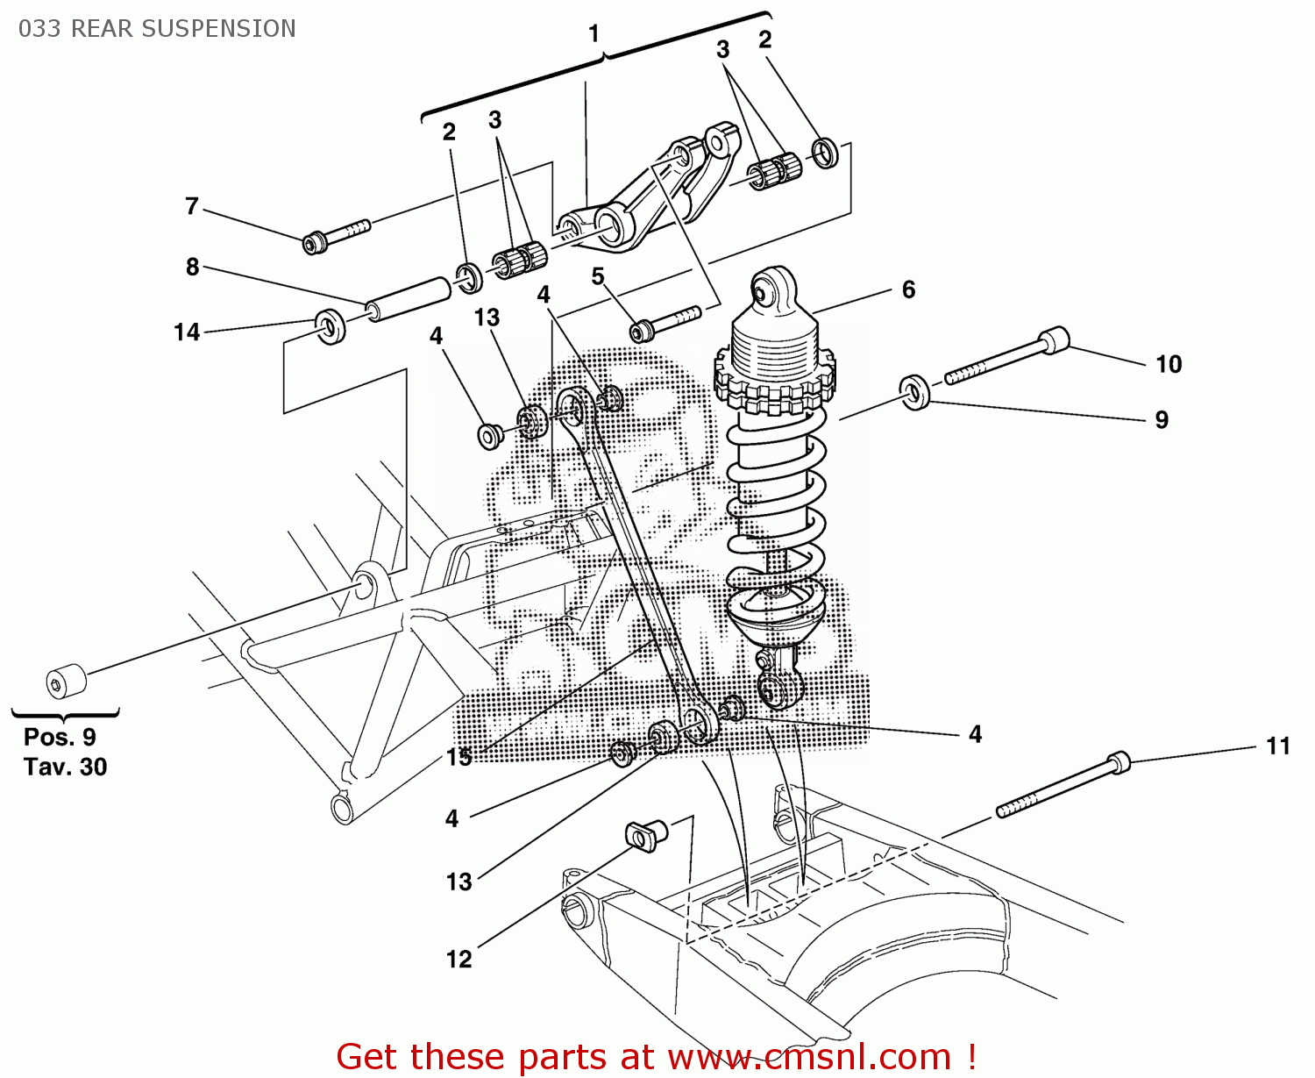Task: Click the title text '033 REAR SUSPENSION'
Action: tap(157, 29)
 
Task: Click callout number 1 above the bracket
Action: tap(594, 34)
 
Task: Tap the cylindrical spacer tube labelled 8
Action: tap(409, 298)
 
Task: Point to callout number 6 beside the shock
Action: tap(908, 289)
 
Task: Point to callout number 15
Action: tap(458, 757)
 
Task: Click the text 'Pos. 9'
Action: tap(60, 737)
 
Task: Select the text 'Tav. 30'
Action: tap(66, 767)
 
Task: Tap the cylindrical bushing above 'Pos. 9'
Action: tap(66, 682)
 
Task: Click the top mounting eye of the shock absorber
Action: tap(771, 289)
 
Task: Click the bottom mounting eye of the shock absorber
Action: tap(777, 691)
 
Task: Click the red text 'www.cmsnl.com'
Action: tap(810, 1057)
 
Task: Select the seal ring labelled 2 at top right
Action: tap(825, 153)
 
